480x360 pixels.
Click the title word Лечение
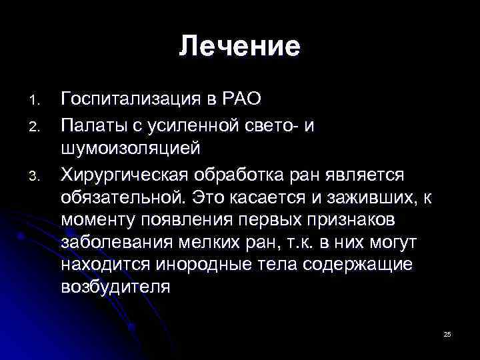239,47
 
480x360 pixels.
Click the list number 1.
37,101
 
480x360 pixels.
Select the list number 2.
37,125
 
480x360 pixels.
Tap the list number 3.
37,176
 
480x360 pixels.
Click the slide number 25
447,333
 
